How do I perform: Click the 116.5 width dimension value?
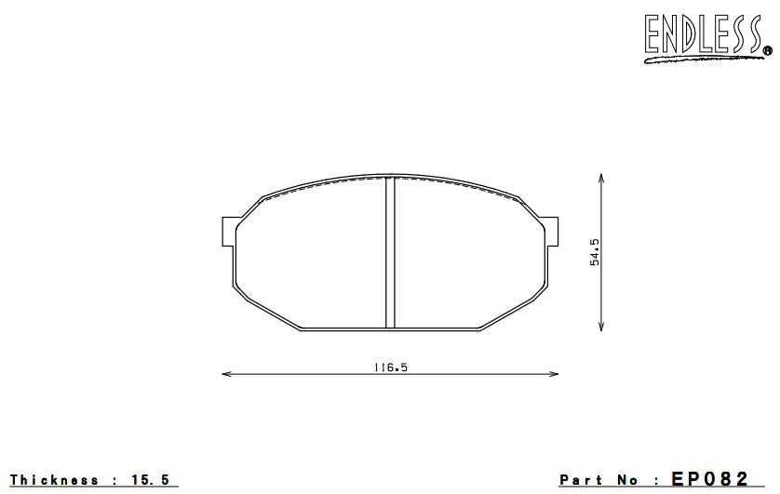(x=390, y=367)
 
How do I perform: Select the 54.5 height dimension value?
(x=594, y=251)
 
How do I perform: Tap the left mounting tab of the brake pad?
(x=228, y=232)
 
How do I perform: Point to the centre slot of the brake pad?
(x=390, y=252)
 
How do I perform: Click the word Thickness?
(x=55, y=480)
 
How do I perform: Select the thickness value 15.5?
(x=152, y=480)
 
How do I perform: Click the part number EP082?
(x=709, y=479)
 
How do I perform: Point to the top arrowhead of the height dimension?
(x=602, y=177)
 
